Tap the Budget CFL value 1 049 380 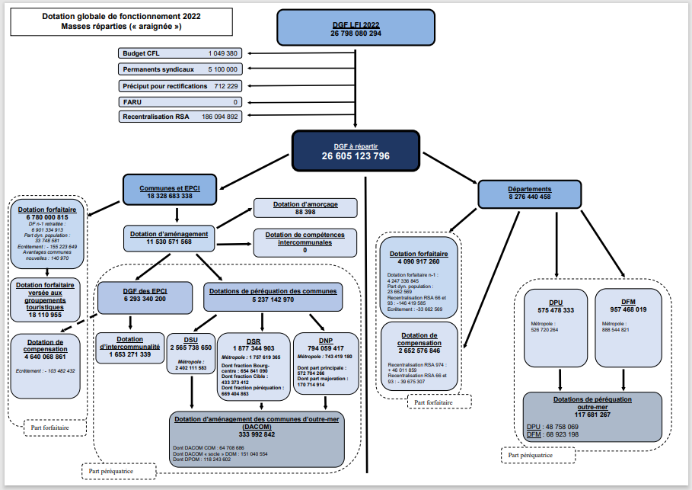[223, 53]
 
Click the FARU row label [132, 101]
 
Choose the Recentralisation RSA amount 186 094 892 [220, 117]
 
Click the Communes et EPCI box [170, 191]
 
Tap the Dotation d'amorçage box [305, 207]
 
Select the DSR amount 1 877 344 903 [254, 347]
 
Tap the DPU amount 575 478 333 [556, 309]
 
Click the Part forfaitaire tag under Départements [439, 401]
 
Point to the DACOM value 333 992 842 [254, 434]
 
